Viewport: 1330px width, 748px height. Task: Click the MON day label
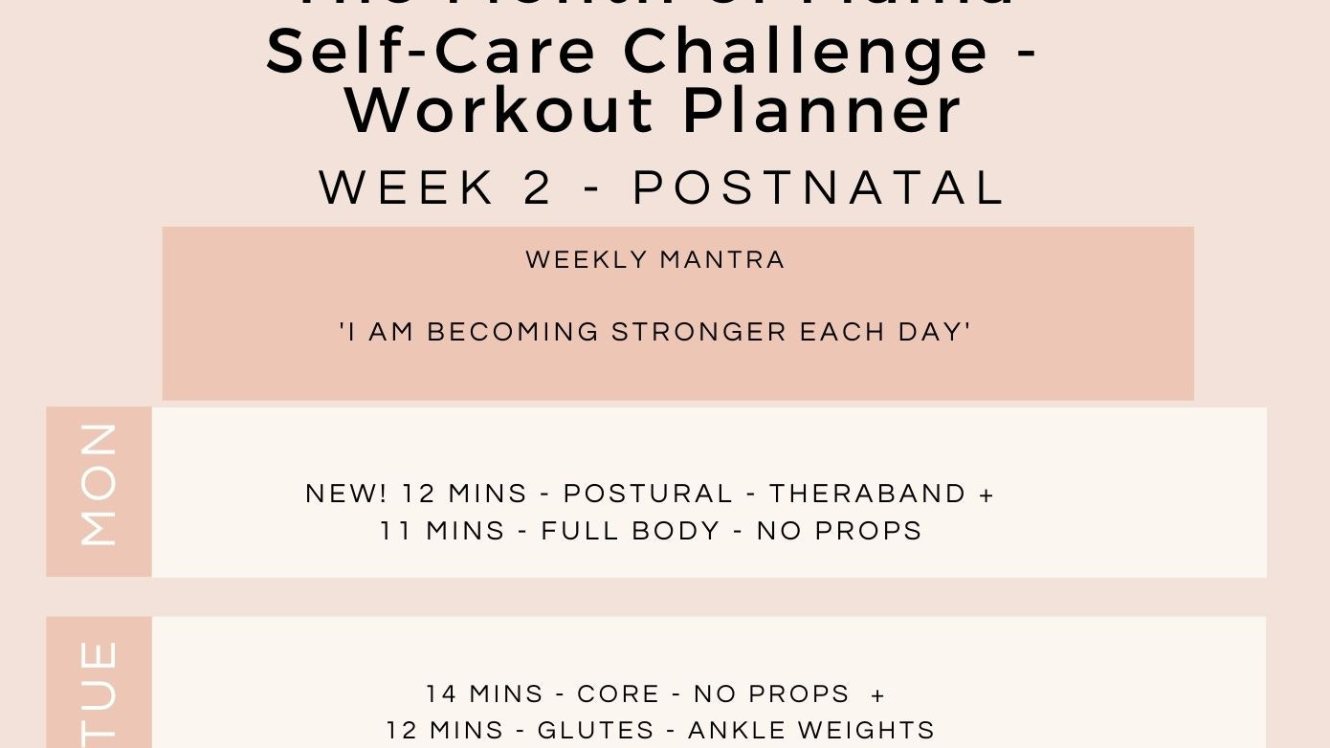(99, 485)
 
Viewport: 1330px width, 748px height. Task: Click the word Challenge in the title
(807, 53)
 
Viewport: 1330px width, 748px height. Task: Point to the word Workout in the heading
(500, 112)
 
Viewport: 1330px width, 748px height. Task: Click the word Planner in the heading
(822, 112)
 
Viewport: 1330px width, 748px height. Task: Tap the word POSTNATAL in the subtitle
(819, 188)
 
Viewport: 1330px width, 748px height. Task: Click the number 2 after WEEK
(539, 188)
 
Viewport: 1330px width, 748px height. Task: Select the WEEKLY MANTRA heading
(655, 260)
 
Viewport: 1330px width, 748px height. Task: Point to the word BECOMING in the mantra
(513, 333)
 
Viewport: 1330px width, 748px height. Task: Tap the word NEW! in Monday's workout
(346, 494)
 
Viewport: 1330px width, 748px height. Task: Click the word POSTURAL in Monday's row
(648, 494)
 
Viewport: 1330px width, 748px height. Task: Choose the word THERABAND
(868, 494)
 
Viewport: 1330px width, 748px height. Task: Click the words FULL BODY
(631, 531)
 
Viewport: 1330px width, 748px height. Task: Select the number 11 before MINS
(395, 531)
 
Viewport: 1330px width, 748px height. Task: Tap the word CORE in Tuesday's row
(618, 693)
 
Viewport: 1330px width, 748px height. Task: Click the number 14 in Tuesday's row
(441, 693)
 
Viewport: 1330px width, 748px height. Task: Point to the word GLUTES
(595, 731)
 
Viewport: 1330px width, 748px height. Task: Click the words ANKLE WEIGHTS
(811, 731)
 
